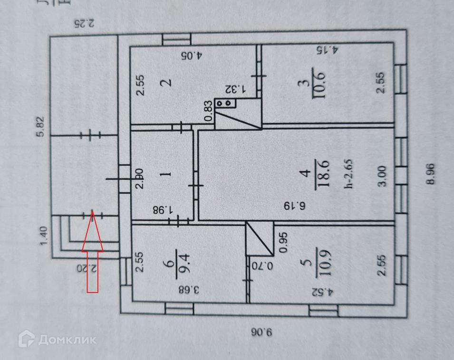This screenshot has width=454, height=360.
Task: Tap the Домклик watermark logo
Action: [58, 339]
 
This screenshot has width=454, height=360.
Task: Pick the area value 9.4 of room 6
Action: [183, 260]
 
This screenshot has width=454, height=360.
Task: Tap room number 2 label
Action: [165, 82]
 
